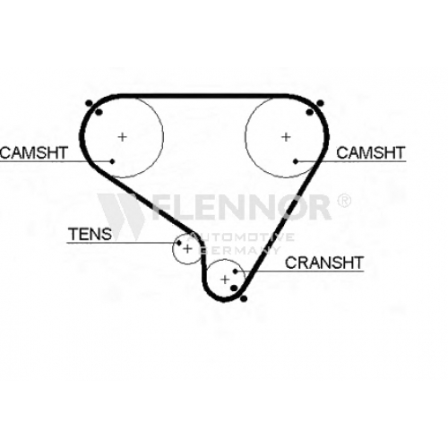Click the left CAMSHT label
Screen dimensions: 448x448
tap(34, 152)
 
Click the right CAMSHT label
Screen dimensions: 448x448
tap(370, 152)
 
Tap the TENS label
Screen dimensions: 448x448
tap(90, 234)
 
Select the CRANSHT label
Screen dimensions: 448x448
tap(324, 263)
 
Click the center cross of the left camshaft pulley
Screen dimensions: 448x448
tap(122, 137)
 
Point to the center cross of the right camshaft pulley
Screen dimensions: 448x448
tap(286, 137)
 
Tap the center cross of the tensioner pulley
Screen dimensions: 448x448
tap(187, 248)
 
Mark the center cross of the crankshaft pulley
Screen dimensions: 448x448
tap(225, 280)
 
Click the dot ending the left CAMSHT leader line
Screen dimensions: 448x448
tap(112, 161)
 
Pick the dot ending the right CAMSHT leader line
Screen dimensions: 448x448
tap(296, 161)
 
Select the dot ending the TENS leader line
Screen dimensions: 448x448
tap(179, 243)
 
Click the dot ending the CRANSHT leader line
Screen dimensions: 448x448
tap(236, 271)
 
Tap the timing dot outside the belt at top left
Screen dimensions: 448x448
tap(89, 103)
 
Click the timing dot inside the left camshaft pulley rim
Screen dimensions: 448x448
tap(99, 113)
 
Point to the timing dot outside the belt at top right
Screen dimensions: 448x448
tap(320, 103)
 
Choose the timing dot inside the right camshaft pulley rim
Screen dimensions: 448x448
tap(310, 112)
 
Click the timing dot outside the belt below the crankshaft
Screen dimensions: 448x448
tap(244, 298)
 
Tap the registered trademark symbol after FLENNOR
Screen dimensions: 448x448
tap(344, 201)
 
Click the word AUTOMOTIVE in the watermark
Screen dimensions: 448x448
tap(241, 237)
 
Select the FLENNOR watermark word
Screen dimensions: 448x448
tap(240, 207)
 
